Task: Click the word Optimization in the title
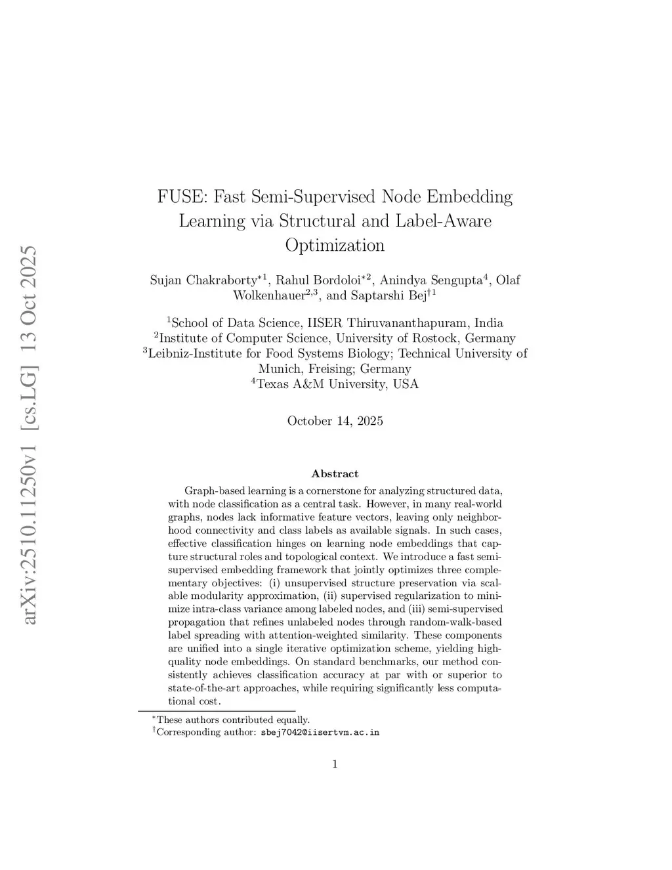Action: tap(335, 246)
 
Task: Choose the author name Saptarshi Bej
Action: tap(388, 295)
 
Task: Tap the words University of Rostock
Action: tap(426, 338)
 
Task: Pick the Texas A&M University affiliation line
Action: tap(337, 384)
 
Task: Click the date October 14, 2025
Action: tap(335, 421)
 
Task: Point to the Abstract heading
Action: tap(335, 473)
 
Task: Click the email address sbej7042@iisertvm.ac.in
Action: tap(320, 732)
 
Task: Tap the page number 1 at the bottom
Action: tap(335, 764)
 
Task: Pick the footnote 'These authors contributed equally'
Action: tap(232, 720)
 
